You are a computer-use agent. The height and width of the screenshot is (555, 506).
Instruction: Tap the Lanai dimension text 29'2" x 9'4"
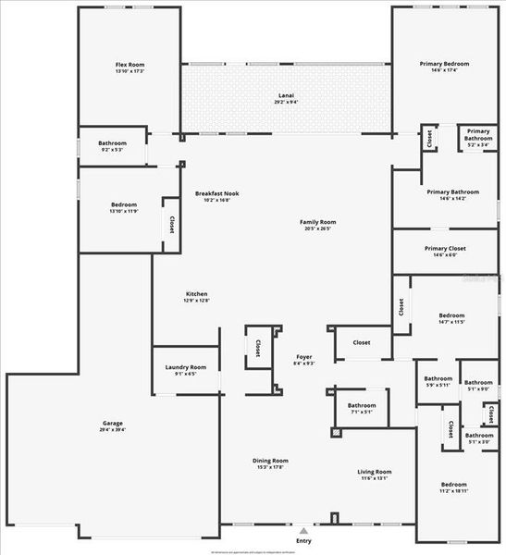287,102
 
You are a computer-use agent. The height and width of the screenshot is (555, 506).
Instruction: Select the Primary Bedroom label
444,64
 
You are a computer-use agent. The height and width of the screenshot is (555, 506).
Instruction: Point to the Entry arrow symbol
302,531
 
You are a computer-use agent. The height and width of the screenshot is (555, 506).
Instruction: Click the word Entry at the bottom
302,540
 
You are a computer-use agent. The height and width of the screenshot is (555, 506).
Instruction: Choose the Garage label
113,423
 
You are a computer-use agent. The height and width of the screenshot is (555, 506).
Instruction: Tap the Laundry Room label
186,367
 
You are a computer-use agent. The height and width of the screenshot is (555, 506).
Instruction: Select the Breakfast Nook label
217,192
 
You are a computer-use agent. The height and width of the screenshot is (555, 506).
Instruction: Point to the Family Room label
317,222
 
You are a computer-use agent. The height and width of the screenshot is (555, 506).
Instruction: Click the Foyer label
304,356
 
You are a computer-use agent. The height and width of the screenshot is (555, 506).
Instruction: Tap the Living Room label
375,472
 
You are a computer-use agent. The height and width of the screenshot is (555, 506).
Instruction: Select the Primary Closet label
445,248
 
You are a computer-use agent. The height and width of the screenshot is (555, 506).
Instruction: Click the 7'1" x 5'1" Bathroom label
362,405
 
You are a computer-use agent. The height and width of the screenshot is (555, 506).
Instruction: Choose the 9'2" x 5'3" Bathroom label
113,143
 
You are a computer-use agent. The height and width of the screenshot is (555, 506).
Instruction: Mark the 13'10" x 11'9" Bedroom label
124,204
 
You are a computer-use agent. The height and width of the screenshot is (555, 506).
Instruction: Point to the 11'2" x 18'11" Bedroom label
453,485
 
